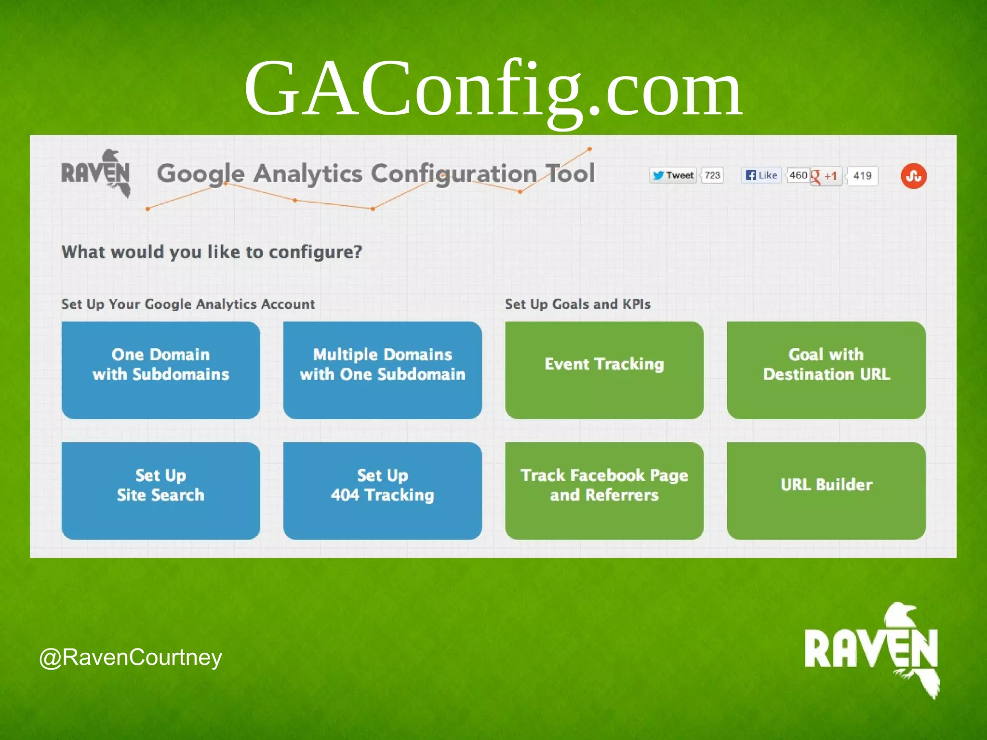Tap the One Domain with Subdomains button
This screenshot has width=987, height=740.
point(160,370)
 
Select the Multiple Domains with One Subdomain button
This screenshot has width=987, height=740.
point(382,370)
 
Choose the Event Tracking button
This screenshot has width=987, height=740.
point(604,370)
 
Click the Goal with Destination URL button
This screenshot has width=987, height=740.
point(826,370)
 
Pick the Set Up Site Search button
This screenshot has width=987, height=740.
point(160,490)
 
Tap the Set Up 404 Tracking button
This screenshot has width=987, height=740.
point(382,490)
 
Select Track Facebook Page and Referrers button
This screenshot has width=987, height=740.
point(604,490)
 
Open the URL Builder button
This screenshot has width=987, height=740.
point(826,490)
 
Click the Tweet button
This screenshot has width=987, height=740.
point(673,175)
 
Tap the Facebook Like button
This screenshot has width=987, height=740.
point(761,175)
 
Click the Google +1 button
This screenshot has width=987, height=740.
point(826,176)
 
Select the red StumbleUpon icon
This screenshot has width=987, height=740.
point(913,176)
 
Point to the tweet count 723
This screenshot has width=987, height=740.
point(712,175)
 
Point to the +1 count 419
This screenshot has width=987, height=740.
point(862,176)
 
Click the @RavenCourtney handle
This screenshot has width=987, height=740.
point(131,658)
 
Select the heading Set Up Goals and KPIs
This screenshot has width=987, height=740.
point(577,304)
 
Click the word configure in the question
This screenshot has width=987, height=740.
point(315,252)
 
